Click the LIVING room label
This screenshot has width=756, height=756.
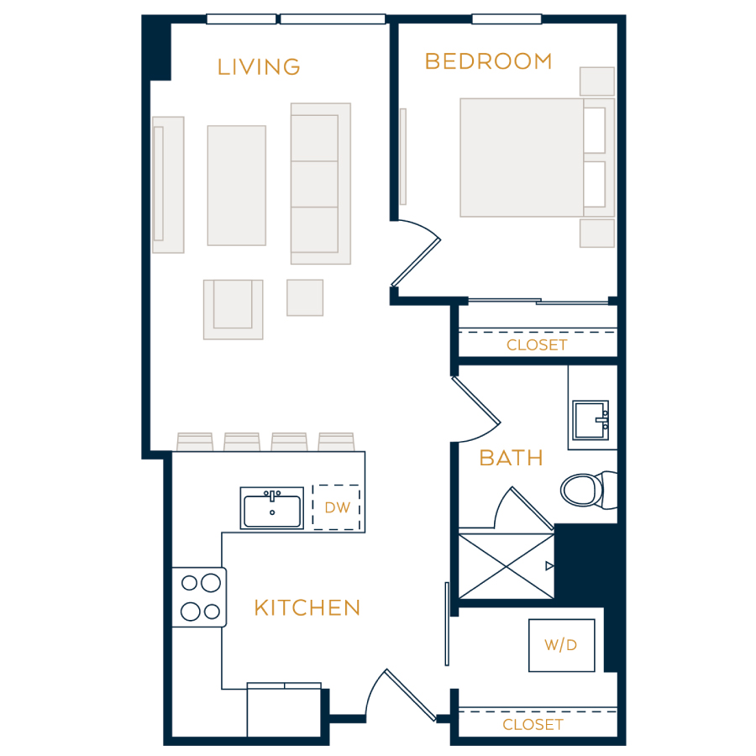point(259,67)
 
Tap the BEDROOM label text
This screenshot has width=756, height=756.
point(488,61)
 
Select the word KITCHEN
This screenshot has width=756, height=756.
point(307,608)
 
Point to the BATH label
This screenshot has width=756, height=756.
point(511,458)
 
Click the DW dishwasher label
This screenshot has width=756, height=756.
point(337,507)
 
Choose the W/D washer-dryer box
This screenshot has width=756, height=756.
point(562,645)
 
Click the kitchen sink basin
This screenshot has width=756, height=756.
point(272,508)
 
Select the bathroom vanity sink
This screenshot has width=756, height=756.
point(591,420)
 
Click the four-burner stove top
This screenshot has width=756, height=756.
point(200,597)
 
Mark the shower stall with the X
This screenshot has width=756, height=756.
point(507,566)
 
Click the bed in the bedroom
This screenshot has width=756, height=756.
point(537,158)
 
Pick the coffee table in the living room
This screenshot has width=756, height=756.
point(237,186)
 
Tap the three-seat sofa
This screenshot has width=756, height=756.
point(321,184)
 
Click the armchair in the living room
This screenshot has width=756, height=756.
point(234,309)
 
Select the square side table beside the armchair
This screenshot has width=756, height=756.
point(305,297)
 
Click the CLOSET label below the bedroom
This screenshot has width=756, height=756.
point(537,345)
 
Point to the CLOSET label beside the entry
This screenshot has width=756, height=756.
point(533,725)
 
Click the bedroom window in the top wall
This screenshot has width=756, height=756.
point(507,19)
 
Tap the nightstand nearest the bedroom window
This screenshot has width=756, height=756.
point(597,81)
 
